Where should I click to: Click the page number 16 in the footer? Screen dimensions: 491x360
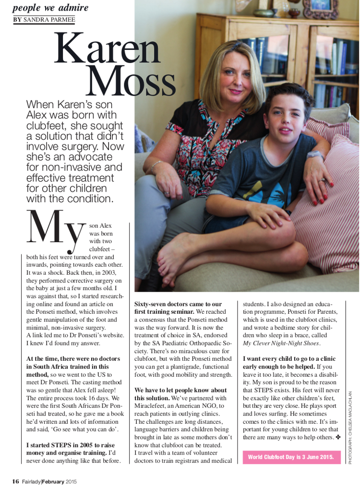pos(16,481)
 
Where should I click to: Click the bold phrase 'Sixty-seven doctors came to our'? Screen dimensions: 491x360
pos(178,304)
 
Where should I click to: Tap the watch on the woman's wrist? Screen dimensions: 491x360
pos(315,156)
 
